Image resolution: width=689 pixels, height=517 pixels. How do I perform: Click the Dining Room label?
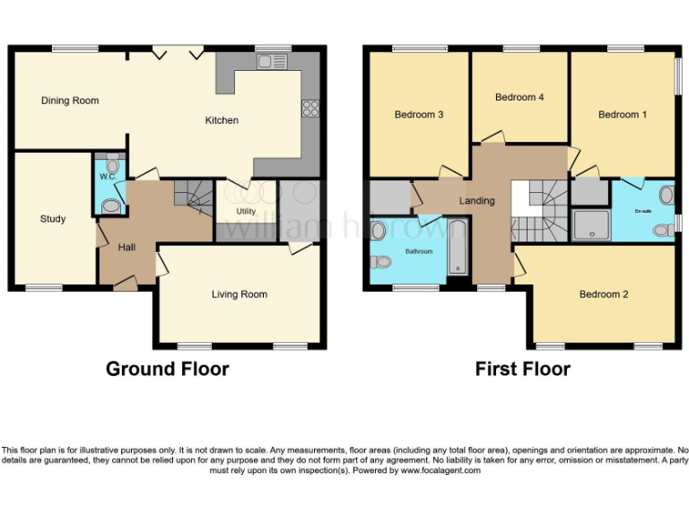70,101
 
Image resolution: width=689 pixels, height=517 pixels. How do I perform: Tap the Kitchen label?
222,120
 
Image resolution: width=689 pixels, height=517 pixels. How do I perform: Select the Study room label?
53,219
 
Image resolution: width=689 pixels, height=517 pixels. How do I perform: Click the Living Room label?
240,294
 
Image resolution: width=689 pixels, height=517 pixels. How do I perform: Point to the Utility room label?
246,211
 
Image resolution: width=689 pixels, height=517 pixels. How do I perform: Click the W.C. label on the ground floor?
108,177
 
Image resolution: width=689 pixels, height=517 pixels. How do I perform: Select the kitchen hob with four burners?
311,109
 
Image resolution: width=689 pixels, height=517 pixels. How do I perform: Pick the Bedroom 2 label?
603,294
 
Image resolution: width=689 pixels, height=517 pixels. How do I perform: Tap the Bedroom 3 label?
419,115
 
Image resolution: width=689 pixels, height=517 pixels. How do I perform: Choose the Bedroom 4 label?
519,97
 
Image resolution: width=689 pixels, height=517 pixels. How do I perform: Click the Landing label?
476,201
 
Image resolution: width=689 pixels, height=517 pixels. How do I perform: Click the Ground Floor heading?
167,369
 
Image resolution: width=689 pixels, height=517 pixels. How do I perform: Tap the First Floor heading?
522,369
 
